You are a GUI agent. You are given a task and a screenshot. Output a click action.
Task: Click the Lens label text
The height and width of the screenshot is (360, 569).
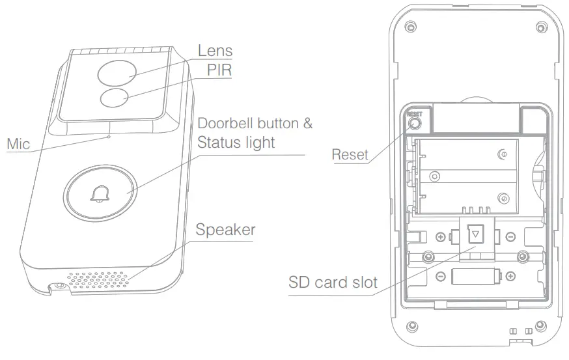[x=215, y=50]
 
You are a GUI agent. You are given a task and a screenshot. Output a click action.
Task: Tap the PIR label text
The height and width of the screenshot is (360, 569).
[x=219, y=70]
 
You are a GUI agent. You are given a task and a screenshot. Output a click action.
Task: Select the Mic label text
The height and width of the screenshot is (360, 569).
[x=18, y=143]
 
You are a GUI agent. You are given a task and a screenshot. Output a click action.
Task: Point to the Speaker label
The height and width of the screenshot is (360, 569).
[x=225, y=230]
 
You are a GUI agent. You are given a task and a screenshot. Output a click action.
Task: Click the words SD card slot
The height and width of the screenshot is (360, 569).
[x=333, y=283]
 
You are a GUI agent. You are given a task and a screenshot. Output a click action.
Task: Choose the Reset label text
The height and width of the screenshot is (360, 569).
[x=350, y=154]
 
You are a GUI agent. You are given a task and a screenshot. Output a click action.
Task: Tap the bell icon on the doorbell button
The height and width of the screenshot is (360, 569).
[x=100, y=193]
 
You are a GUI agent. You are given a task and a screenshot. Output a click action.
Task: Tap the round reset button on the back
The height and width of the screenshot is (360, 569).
[x=415, y=121]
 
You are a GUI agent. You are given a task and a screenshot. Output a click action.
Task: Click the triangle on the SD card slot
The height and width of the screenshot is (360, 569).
[x=477, y=233]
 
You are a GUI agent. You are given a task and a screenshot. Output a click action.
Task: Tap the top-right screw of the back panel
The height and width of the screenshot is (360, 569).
[x=542, y=27]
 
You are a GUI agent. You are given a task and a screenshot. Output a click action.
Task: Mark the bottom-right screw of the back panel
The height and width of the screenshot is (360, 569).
[x=542, y=325]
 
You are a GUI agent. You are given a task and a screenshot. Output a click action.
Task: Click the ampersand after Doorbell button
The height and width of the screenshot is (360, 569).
[x=307, y=123]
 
